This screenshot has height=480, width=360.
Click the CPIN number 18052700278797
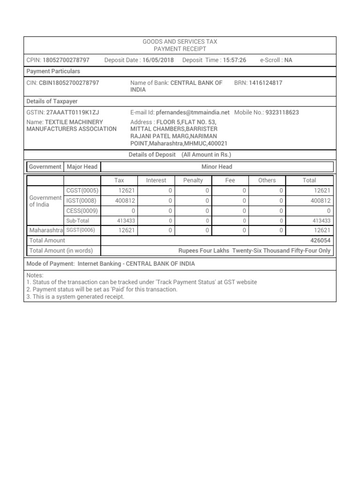(66, 60)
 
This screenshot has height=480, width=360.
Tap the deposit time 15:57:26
(234, 60)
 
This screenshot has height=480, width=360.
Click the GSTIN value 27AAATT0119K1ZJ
(73, 112)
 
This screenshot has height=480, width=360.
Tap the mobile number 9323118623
(282, 112)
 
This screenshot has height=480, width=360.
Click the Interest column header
(156, 180)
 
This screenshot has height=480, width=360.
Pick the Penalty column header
(193, 180)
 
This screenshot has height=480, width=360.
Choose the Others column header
(267, 180)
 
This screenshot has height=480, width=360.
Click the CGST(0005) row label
(82, 190)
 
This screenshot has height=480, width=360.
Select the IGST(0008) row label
(82, 200)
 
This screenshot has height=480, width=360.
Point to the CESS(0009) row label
(82, 210)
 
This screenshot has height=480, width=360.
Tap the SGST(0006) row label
(82, 230)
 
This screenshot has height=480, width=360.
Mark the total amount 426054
(321, 240)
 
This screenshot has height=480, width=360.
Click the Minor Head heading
(217, 166)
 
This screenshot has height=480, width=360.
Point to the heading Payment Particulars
(53, 71)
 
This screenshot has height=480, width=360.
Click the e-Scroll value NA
(288, 60)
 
